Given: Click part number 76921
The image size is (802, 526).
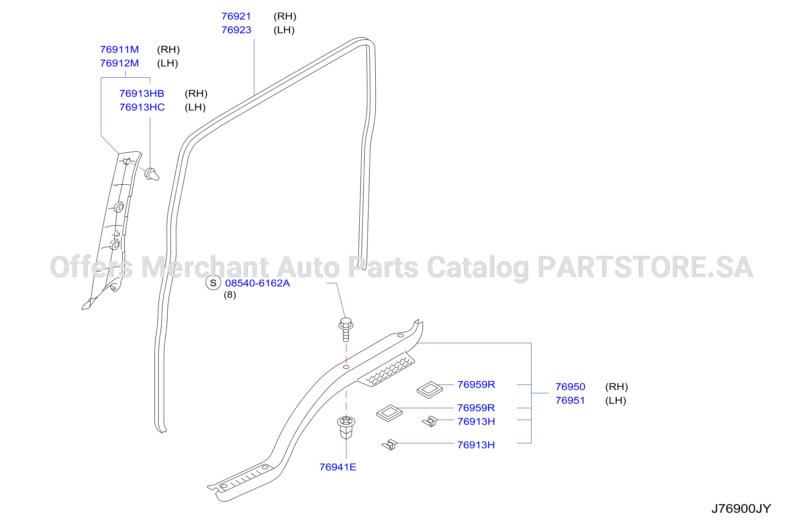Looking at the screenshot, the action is pos(236,16).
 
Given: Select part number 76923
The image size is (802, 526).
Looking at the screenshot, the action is pos(236,30).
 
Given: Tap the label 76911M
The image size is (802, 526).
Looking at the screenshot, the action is pos(119,50).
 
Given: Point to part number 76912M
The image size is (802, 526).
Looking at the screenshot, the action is pos(119,63).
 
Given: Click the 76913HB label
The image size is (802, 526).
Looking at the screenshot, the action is pos(142,94).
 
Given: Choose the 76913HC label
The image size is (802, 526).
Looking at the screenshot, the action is pos(142,107).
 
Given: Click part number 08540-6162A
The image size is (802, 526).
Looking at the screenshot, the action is pos(258,283).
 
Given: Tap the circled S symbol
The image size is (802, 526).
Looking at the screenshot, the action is pos(213,283).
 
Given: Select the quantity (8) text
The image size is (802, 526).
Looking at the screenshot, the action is pos(230,295).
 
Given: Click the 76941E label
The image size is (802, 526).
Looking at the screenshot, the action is pos(338,467).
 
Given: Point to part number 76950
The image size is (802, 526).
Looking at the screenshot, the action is pos(570,387).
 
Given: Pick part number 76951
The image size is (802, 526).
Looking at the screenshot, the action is pos(570,401).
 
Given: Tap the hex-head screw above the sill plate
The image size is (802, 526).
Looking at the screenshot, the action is pos(346,329).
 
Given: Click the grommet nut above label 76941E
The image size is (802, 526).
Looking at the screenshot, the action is pos(346,427).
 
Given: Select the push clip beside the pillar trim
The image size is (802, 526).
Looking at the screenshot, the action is pos(152,174).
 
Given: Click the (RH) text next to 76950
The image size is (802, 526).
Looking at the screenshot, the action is pos(617,387).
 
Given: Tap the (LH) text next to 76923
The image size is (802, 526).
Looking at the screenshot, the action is pos(284,30).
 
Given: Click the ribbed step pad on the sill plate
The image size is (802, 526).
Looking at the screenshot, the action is pos(386,370).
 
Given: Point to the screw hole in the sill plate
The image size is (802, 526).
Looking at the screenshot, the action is pos(346,367).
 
